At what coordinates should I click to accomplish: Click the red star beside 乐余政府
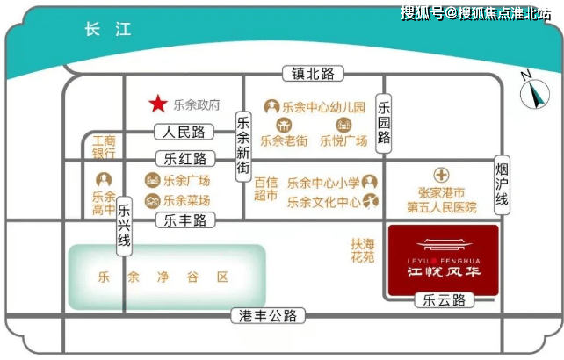click(x=158, y=104)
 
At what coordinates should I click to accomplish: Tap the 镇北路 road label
click(x=313, y=74)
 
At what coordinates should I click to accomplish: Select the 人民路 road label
click(x=184, y=132)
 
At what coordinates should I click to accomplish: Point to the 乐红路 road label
click(x=185, y=159)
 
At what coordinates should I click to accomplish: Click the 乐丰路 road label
click(x=185, y=220)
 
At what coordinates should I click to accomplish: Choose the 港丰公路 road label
click(x=268, y=316)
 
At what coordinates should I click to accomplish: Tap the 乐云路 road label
click(x=445, y=300)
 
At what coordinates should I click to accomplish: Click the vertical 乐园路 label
click(x=384, y=123)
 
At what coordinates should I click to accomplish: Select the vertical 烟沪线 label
click(x=502, y=185)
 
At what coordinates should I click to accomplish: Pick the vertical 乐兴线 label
click(x=124, y=227)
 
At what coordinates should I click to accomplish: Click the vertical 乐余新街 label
click(x=243, y=148)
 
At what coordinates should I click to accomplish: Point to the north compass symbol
click(x=534, y=91)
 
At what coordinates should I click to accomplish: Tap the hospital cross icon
click(x=441, y=175)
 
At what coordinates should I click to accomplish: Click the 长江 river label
click(x=108, y=29)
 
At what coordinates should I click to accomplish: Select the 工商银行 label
click(x=104, y=147)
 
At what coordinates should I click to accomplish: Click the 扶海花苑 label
click(x=363, y=250)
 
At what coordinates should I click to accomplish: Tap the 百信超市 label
click(x=266, y=189)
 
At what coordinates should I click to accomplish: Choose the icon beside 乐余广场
click(x=153, y=180)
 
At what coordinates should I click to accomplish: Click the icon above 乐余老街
click(x=284, y=126)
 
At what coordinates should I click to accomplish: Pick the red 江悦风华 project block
click(x=444, y=260)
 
